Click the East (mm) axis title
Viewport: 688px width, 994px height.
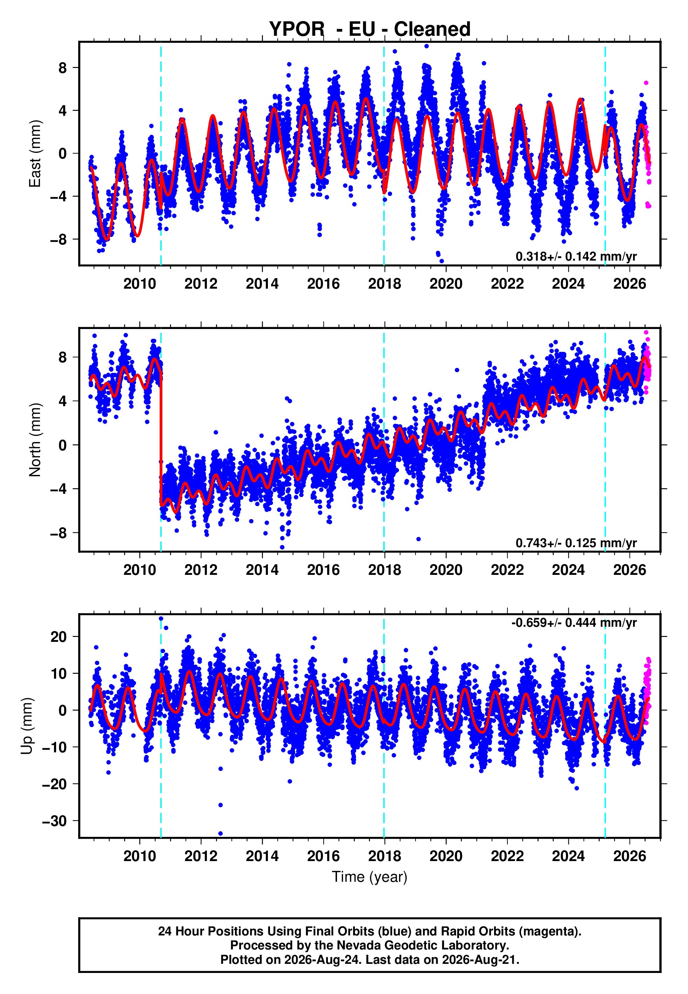pos(34,154)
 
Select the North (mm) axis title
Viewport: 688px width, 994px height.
pos(34,440)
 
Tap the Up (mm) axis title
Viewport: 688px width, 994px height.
pos(27,726)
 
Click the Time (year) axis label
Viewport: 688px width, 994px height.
pos(370,877)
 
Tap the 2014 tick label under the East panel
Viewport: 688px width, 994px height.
pos(262,284)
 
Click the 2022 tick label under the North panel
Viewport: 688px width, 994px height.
pos(507,570)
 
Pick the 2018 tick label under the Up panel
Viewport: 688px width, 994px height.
pos(385,856)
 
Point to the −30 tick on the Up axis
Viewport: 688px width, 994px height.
pos(54,821)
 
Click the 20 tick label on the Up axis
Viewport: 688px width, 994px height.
pos(59,637)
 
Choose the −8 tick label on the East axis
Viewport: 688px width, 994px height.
pos(59,239)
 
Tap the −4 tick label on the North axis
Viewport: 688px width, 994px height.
pos(59,489)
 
